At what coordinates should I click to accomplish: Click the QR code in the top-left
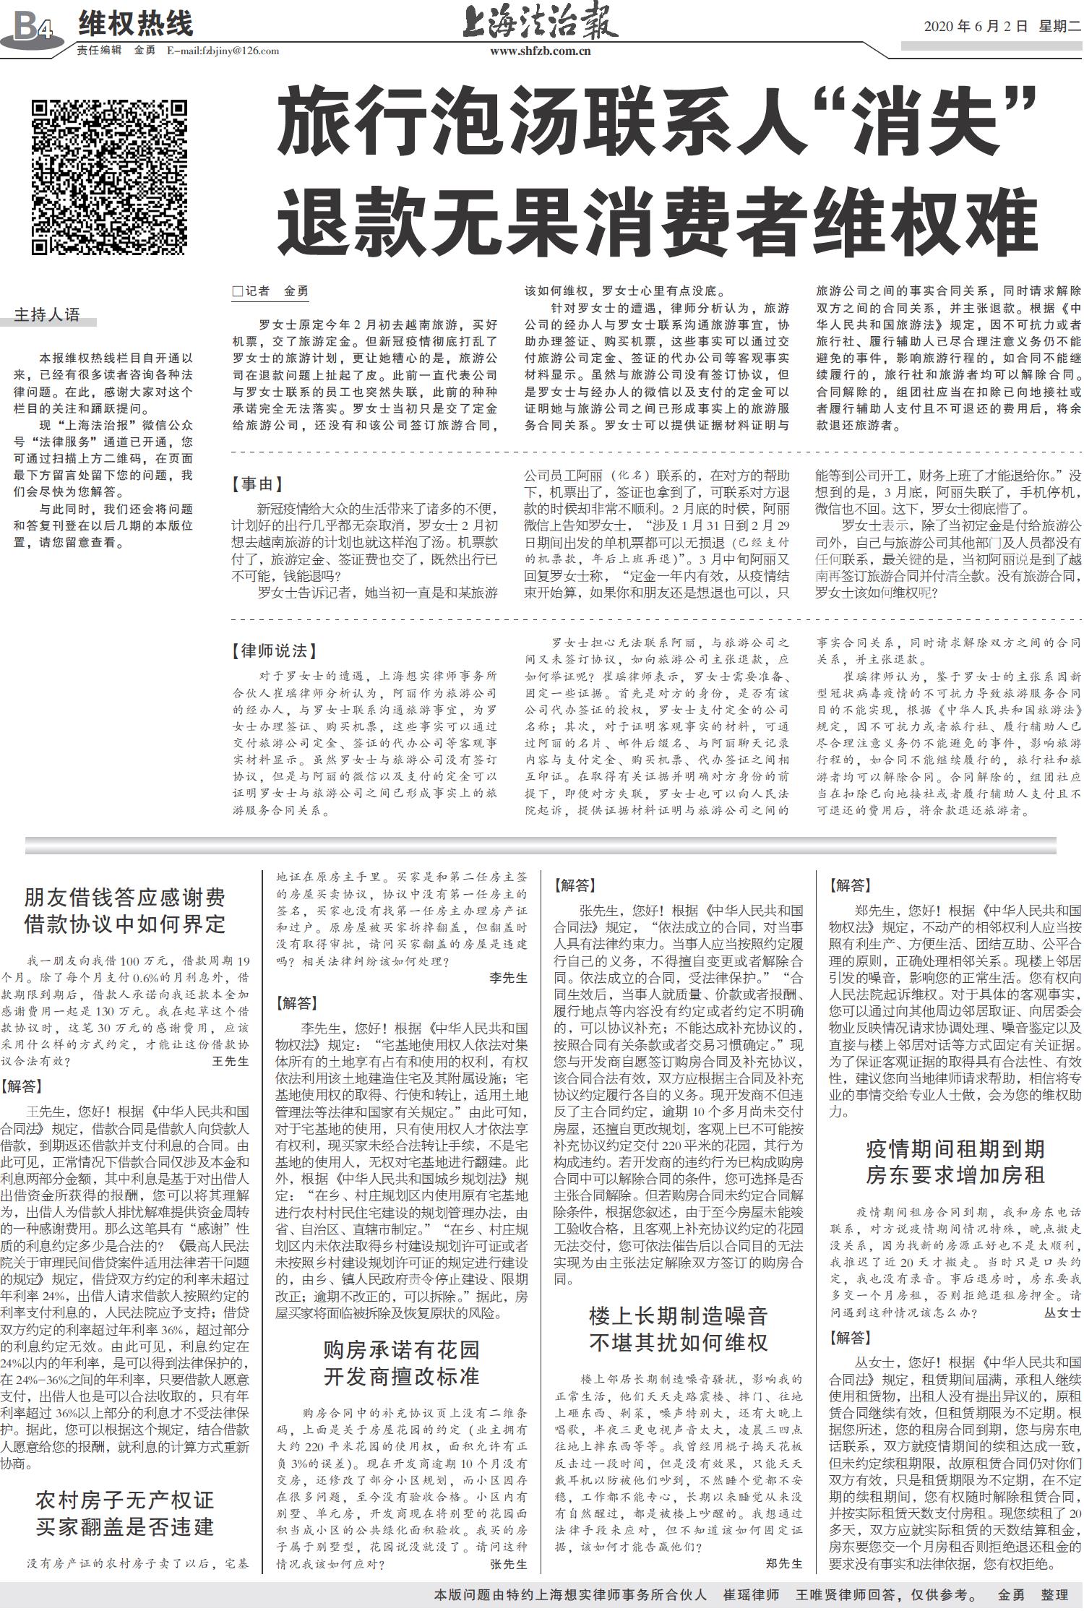109,178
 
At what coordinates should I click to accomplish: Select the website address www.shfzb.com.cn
541,51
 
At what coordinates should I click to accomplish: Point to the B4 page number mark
33,28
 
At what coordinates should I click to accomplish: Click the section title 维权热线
136,24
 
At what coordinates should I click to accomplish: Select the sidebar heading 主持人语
47,315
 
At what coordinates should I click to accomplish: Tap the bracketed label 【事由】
257,484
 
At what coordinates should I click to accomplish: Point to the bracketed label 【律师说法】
274,651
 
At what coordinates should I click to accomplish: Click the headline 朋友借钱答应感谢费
125,898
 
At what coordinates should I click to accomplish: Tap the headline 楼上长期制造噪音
678,1315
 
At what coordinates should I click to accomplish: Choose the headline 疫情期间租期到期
955,1148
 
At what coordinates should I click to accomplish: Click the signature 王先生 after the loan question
231,1061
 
